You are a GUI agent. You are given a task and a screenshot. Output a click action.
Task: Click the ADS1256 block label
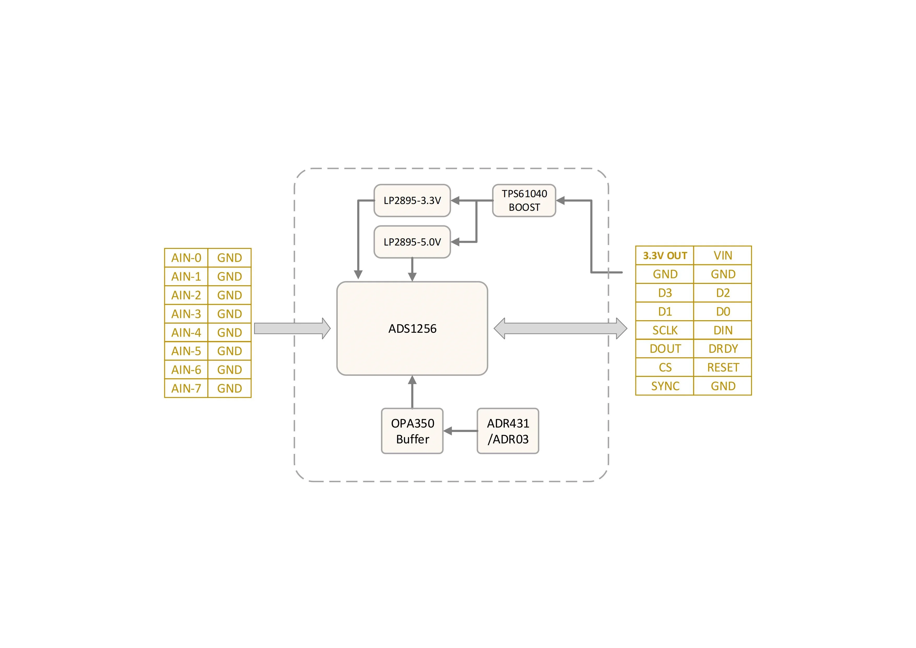coord(412,328)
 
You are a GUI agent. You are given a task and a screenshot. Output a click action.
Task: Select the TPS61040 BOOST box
coord(524,200)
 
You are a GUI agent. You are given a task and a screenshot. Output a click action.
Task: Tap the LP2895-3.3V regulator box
coord(412,200)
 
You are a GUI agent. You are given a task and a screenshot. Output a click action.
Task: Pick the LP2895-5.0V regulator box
coord(412,242)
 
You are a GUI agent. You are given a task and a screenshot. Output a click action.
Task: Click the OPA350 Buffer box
coord(412,431)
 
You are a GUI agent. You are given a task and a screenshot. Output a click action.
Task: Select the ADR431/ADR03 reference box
coord(507,431)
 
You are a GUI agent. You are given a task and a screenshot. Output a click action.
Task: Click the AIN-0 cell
coord(186,258)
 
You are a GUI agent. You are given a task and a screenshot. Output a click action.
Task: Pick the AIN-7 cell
coord(186,388)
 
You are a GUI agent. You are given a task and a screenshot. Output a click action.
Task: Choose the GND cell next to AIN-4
coord(230,332)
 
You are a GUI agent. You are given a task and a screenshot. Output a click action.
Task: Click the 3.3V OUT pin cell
coord(665,255)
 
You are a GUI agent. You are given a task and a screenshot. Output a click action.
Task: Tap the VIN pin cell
coord(723,255)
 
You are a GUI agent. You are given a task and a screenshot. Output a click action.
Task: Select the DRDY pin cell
coord(723,349)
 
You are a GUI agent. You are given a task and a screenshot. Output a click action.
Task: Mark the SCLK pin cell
coord(665,330)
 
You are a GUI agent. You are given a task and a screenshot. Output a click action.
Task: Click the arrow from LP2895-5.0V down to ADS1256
coord(412,269)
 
